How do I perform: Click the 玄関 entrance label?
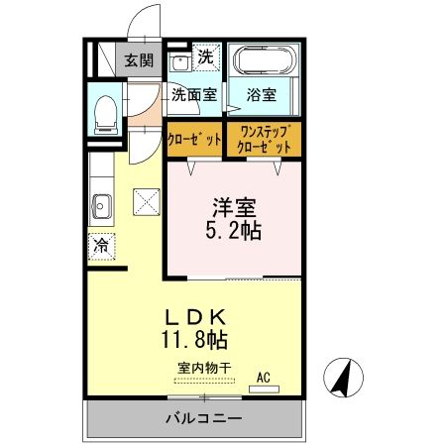pyautogui.click(x=138, y=58)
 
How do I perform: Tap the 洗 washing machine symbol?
pyautogui.click(x=204, y=57)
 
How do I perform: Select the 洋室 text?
pyautogui.click(x=235, y=210)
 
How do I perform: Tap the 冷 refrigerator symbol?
pyautogui.click(x=101, y=245)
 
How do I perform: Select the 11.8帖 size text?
pyautogui.click(x=195, y=341)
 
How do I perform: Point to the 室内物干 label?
pyautogui.click(x=204, y=368)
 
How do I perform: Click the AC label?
pyautogui.click(x=264, y=377)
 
